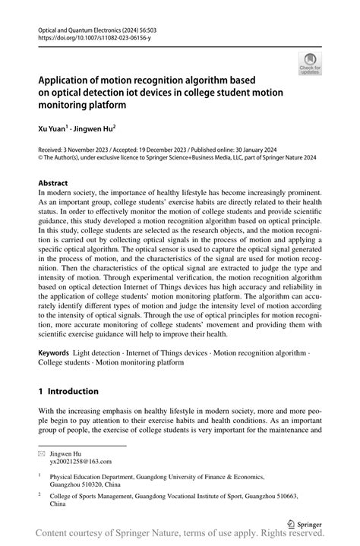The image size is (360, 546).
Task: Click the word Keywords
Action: pos(54,353)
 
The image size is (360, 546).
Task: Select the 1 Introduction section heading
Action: pos(68,391)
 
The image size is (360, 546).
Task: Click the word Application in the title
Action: pos(66,80)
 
